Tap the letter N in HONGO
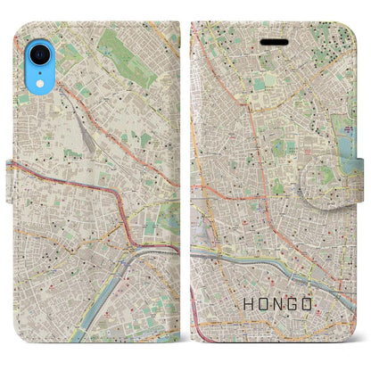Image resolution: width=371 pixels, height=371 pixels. coord(276,303)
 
